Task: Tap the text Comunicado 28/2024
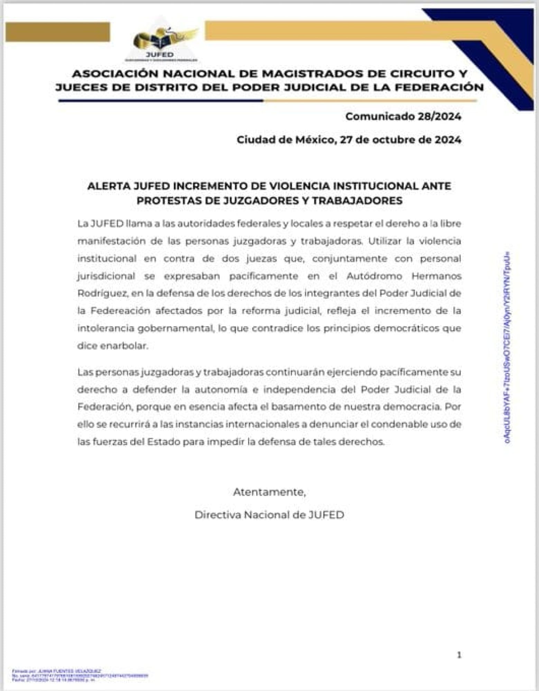point(403,116)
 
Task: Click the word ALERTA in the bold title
point(107,186)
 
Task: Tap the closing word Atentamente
point(269,492)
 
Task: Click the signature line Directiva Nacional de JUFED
point(269,515)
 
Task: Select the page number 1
point(459,655)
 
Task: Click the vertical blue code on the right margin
point(507,347)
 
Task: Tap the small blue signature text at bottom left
point(80,675)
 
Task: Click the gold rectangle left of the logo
point(58,32)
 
